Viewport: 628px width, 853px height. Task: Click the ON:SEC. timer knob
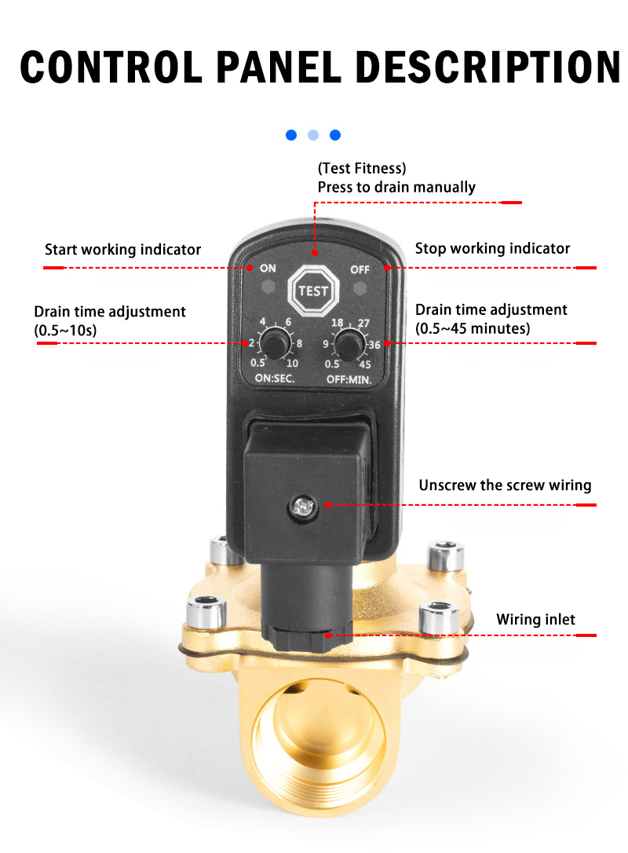click(x=276, y=344)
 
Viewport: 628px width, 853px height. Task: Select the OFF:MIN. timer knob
click(x=349, y=344)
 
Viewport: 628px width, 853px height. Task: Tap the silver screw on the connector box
click(x=303, y=507)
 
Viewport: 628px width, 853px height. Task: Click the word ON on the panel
click(x=268, y=268)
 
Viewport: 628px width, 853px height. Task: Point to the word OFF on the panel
click(x=360, y=269)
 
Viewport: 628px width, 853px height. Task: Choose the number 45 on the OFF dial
click(x=365, y=364)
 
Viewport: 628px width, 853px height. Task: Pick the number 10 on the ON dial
click(x=292, y=364)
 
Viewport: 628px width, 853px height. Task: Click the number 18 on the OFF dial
click(x=337, y=322)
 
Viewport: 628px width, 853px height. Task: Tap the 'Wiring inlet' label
click(x=535, y=619)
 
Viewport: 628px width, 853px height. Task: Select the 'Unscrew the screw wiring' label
click(x=505, y=485)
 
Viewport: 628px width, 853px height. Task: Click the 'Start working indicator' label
click(x=123, y=249)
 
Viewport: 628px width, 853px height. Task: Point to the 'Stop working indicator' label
click(x=493, y=248)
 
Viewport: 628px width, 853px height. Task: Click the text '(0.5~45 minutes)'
click(x=473, y=328)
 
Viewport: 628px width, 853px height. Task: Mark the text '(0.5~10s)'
click(x=65, y=330)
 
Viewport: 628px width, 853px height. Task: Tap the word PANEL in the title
click(x=279, y=68)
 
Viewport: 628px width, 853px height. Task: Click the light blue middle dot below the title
click(x=313, y=135)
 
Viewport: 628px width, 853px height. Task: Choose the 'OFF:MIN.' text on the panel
click(x=349, y=379)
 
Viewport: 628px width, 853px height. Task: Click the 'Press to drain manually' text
click(x=396, y=187)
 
